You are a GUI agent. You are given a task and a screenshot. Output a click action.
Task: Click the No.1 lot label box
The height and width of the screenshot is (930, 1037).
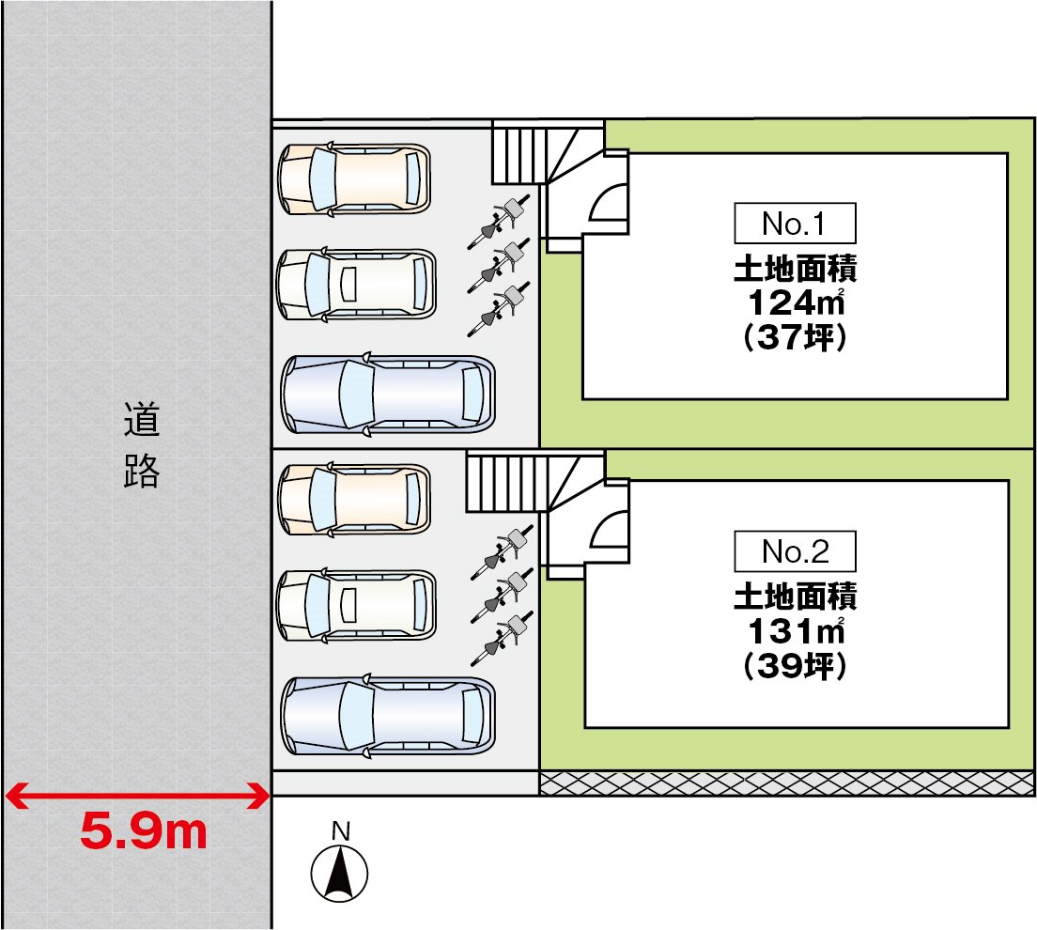[x=795, y=224]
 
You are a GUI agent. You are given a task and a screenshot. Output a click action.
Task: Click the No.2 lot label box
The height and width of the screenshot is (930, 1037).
[x=795, y=551]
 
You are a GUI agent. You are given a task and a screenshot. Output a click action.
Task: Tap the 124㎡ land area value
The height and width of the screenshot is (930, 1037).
[x=797, y=302]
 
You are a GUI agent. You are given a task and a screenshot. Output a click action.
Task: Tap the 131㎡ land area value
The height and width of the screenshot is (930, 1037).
[x=797, y=631]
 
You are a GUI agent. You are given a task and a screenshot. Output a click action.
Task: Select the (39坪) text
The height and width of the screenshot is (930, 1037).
[x=796, y=665]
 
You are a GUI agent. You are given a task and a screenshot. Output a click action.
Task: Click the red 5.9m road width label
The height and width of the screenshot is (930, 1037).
[x=144, y=831]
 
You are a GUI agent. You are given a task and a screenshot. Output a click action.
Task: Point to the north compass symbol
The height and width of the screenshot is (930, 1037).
[x=340, y=873]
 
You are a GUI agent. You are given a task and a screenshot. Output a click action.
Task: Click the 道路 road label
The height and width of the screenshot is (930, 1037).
[x=142, y=445]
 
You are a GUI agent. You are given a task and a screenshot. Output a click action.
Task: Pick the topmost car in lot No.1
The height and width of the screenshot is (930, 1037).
[x=354, y=178]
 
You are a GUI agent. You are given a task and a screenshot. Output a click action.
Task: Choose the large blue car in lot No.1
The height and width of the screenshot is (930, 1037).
[x=388, y=395]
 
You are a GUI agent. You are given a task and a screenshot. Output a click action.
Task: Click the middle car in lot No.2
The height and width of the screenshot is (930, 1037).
[x=357, y=605]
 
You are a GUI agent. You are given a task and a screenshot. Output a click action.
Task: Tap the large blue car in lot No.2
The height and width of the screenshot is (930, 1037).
[x=388, y=717]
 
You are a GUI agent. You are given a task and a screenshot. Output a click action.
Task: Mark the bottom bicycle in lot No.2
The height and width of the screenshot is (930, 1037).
[x=501, y=639]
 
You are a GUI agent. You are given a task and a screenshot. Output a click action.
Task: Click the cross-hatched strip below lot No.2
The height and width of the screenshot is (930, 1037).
[x=787, y=783]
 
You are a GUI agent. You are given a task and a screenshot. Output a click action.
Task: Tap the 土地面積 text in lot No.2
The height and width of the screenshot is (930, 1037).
[x=796, y=597]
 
